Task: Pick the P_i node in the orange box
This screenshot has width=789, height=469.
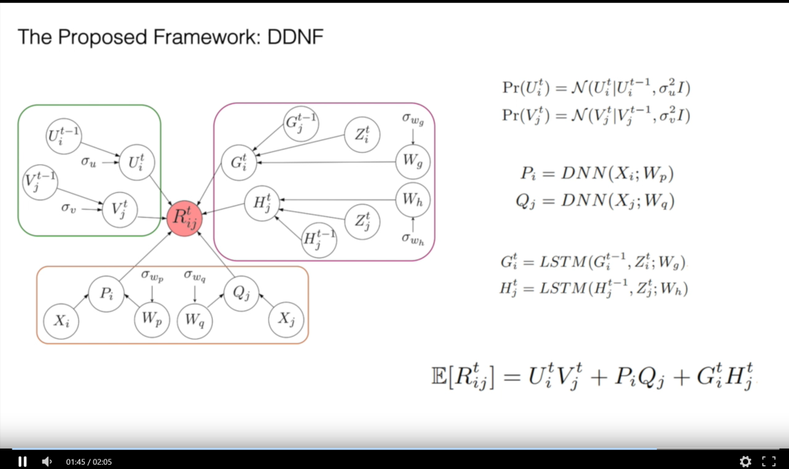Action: pyautogui.click(x=107, y=294)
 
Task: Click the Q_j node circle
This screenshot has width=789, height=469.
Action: pyautogui.click(x=242, y=293)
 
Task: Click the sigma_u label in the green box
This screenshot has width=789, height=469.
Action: pyautogui.click(x=88, y=161)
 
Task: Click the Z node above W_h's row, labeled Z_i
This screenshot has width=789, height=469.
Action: pyautogui.click(x=361, y=136)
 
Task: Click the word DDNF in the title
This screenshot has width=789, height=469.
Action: pyautogui.click(x=291, y=37)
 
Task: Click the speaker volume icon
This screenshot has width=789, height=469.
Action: pyautogui.click(x=47, y=461)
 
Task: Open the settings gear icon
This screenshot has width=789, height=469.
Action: pyautogui.click(x=745, y=461)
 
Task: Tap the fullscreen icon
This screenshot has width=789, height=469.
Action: pyautogui.click(x=769, y=461)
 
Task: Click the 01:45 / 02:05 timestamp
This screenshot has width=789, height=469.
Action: pyautogui.click(x=88, y=462)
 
